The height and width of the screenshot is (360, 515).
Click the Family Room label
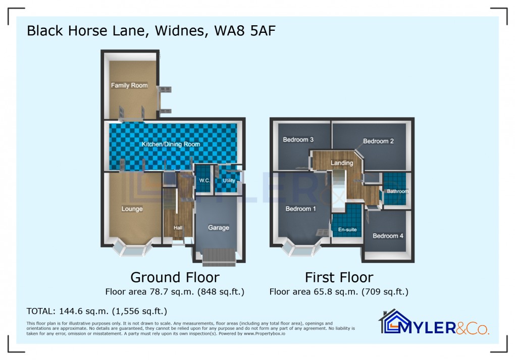point(129,85)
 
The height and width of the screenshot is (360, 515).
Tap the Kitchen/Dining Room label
point(171,144)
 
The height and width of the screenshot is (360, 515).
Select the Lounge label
point(132,209)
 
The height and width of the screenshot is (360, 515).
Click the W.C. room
point(204,180)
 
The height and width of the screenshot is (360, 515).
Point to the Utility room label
point(229,180)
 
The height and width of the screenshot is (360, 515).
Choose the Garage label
point(219,228)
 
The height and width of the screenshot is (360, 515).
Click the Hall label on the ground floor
point(178,228)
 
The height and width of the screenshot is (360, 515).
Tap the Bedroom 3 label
point(298,140)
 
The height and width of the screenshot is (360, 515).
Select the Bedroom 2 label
point(378,141)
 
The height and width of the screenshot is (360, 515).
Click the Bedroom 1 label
point(300,209)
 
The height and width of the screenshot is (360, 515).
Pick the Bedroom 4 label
point(388,236)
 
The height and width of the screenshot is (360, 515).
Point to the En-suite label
point(347,230)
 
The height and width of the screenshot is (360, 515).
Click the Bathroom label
point(397,191)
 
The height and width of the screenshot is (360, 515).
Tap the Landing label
point(342,163)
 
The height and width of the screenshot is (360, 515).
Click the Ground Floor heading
point(175,277)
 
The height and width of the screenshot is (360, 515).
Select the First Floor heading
point(339,277)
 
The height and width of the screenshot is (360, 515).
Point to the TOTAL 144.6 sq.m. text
point(96,311)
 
